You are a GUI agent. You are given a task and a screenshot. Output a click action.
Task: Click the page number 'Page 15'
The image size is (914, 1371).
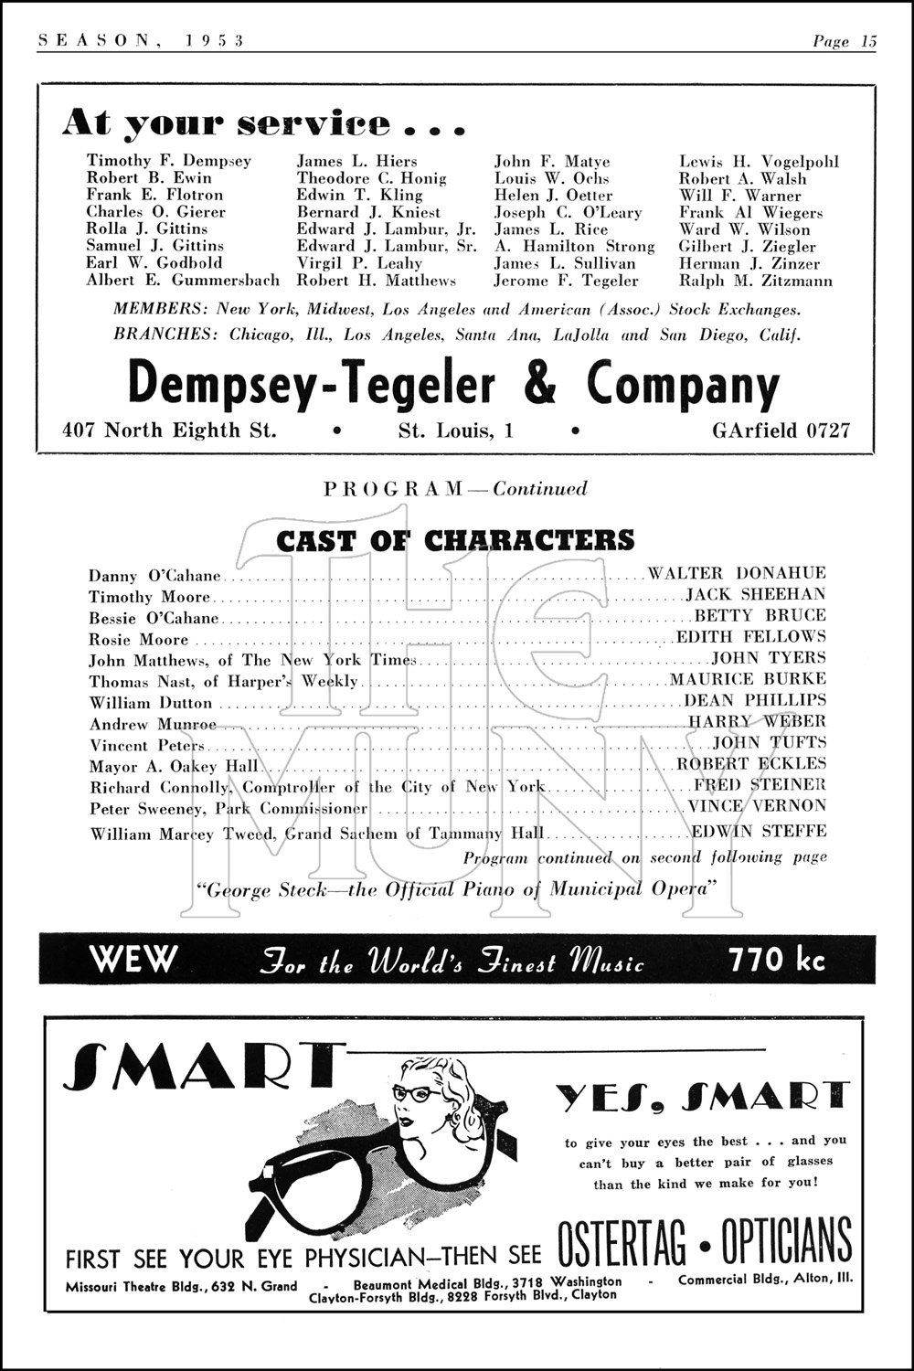pos(844,41)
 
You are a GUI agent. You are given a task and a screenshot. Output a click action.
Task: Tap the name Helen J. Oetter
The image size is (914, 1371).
pos(553,196)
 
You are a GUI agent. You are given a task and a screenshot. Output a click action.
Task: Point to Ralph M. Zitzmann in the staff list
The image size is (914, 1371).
pos(755,282)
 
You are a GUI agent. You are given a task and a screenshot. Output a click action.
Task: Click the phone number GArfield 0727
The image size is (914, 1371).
pos(781,430)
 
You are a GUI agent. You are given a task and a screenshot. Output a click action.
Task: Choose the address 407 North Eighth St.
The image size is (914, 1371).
pos(169,430)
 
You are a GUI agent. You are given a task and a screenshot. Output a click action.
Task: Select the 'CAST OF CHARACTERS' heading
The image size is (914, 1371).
pos(455,540)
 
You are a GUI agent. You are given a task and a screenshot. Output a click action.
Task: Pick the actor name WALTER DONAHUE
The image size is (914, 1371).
pos(737,574)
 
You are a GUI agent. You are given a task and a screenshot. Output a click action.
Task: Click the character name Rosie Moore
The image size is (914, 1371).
pos(138,640)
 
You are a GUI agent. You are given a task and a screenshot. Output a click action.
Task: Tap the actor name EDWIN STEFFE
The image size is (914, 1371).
pos(759,832)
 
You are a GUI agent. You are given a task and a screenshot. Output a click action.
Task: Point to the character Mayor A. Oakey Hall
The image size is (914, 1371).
pos(174,767)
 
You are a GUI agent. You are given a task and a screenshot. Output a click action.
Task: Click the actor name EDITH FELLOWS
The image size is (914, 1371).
pos(750,637)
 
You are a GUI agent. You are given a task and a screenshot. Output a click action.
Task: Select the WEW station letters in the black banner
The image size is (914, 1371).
pos(133,960)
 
